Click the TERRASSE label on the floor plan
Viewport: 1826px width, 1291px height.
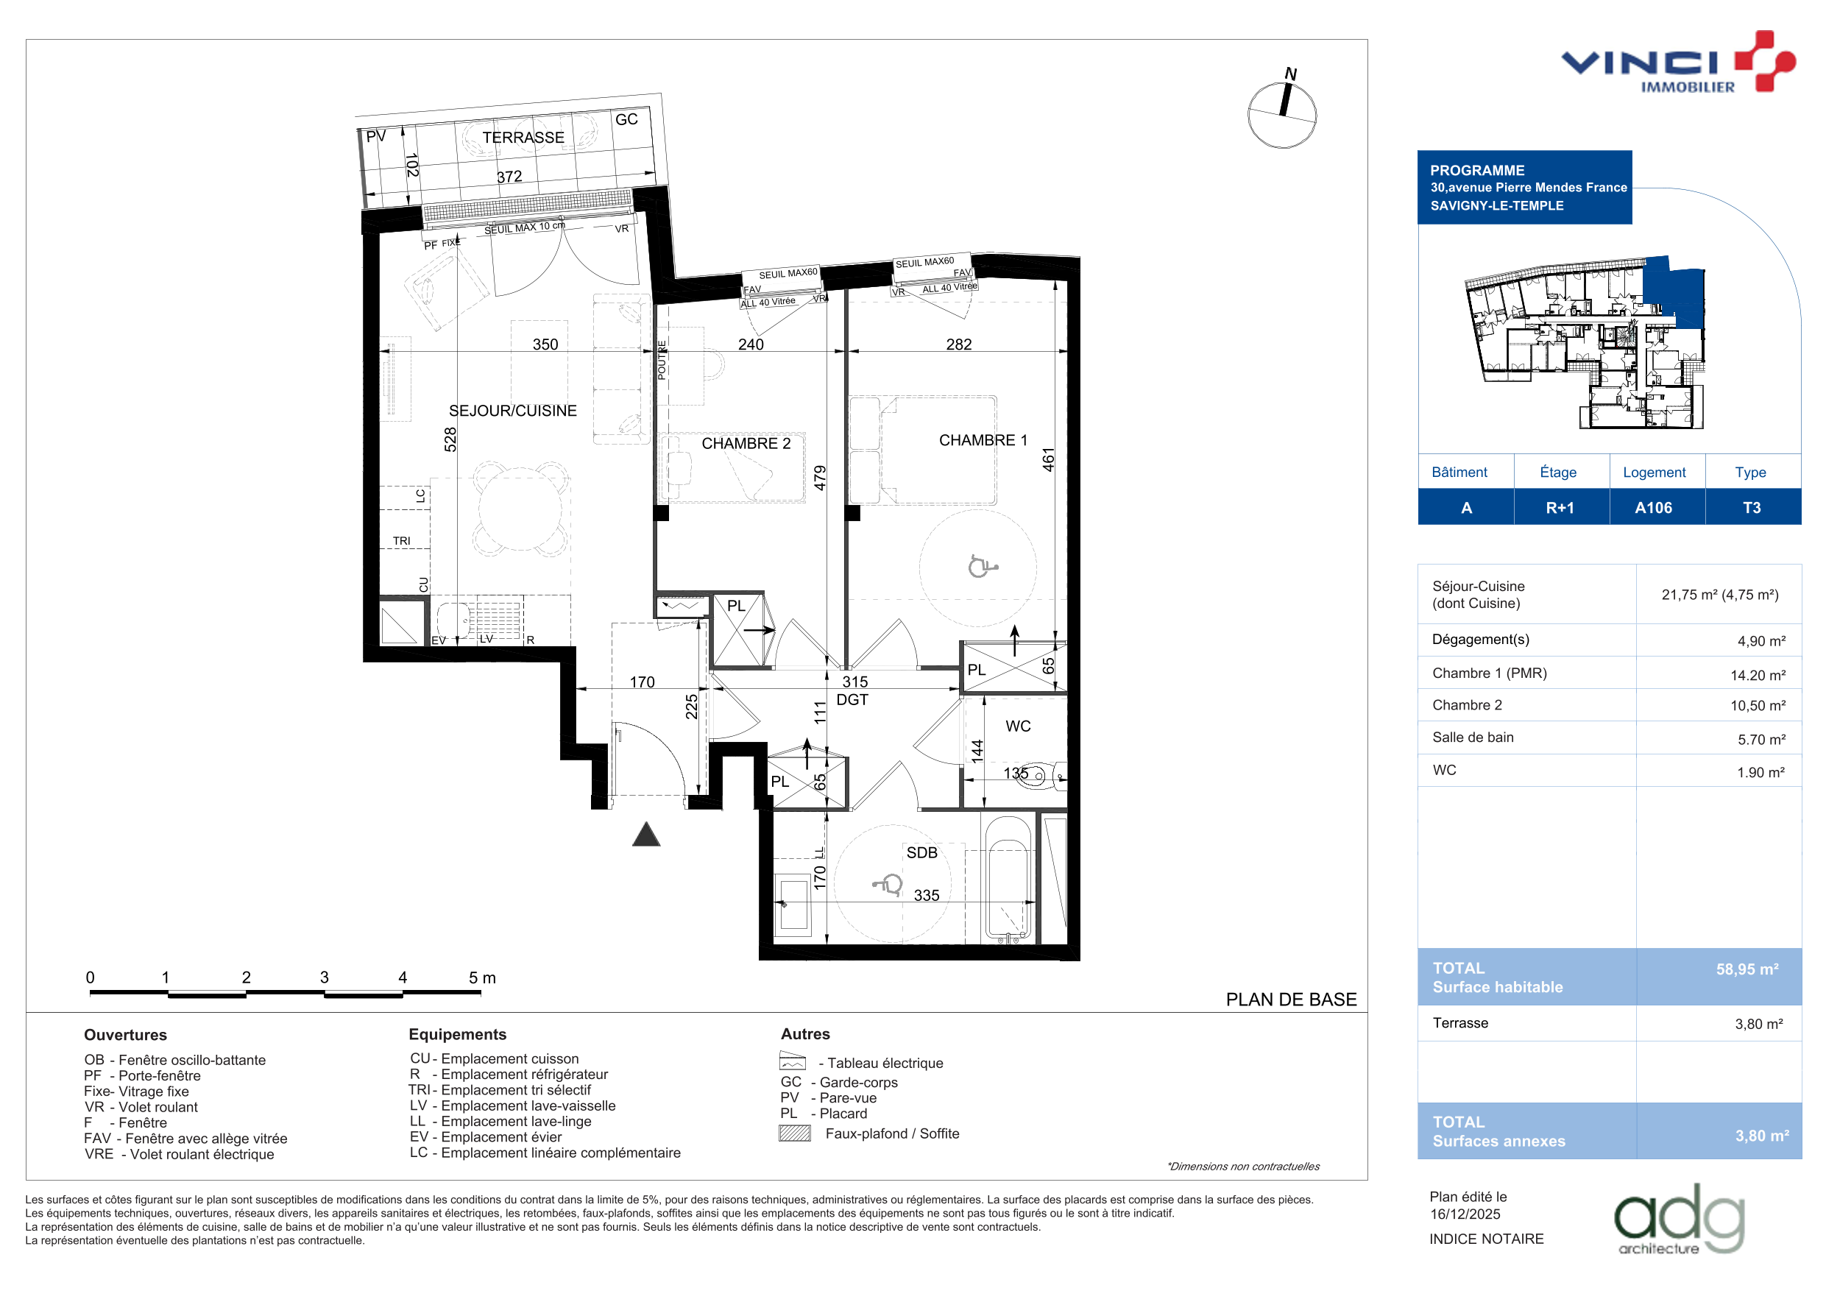pos(523,138)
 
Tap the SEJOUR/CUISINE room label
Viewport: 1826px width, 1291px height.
pos(513,411)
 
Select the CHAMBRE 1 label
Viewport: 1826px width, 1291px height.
pos(983,440)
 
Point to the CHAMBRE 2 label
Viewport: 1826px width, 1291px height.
pos(746,443)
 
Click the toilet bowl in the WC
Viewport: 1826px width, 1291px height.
pos(1037,776)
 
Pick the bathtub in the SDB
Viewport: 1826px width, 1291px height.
pos(1008,879)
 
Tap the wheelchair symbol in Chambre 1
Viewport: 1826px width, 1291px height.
pos(981,565)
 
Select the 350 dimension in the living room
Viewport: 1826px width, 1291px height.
pos(545,344)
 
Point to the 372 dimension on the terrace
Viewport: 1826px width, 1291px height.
pos(510,177)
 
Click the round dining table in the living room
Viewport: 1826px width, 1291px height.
pos(522,509)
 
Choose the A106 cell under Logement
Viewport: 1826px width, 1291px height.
pos(1654,507)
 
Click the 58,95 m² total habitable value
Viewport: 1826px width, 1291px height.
pos(1747,969)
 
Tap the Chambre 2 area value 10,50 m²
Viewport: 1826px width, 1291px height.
pos(1758,706)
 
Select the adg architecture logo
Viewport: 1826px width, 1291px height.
pos(1680,1220)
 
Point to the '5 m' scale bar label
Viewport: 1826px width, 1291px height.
pos(482,977)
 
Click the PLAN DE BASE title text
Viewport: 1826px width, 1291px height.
pos(1292,999)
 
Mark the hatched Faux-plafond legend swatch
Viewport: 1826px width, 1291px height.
pos(794,1133)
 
